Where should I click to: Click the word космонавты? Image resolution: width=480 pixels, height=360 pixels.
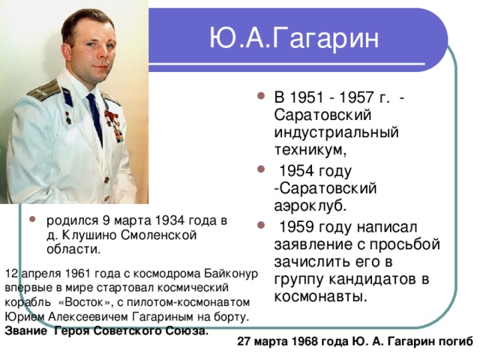[x=320, y=296]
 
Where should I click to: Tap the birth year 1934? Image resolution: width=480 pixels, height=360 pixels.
[x=166, y=220]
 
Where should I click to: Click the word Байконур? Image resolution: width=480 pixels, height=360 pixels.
[x=229, y=274]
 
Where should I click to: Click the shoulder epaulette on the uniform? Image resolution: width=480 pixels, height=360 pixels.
[x=43, y=91]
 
